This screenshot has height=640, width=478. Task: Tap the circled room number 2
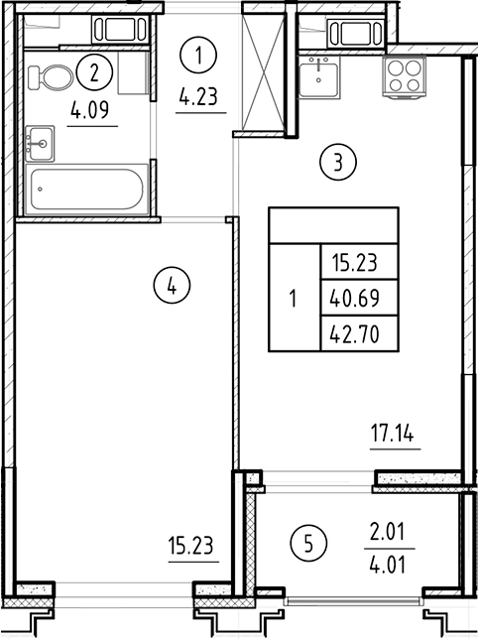tap(94, 70)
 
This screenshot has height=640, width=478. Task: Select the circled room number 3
tap(338, 162)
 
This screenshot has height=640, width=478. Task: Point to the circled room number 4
tap(172, 287)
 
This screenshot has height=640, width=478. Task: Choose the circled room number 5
tap(309, 543)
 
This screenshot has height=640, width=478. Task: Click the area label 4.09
tap(92, 112)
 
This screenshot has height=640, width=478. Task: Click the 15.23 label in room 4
tap(192, 545)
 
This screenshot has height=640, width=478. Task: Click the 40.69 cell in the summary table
tap(358, 296)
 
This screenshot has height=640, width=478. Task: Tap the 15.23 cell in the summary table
tap(358, 263)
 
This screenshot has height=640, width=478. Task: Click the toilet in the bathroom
tap(47, 76)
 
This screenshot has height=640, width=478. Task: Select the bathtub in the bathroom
tap(88, 189)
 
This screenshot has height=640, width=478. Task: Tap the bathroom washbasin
tap(40, 142)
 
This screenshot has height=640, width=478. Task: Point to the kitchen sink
tap(321, 74)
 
